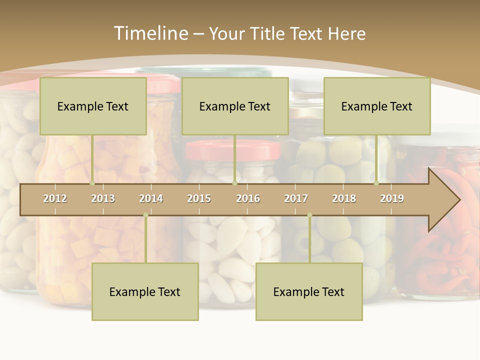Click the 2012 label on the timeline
[55, 198]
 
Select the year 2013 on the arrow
[103, 198]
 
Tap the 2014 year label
[151, 198]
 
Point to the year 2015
[199, 198]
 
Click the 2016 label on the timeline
[248, 198]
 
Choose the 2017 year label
[296, 198]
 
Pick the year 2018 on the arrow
[344, 198]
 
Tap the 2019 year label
[392, 198]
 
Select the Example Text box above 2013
[93, 106]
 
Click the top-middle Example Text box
[235, 106]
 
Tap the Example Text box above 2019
[377, 106]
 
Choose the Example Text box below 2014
[145, 291]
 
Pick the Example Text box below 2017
[309, 291]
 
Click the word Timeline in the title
[150, 33]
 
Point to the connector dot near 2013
[92, 183]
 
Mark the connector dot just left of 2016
[234, 183]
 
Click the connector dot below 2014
[145, 215]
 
